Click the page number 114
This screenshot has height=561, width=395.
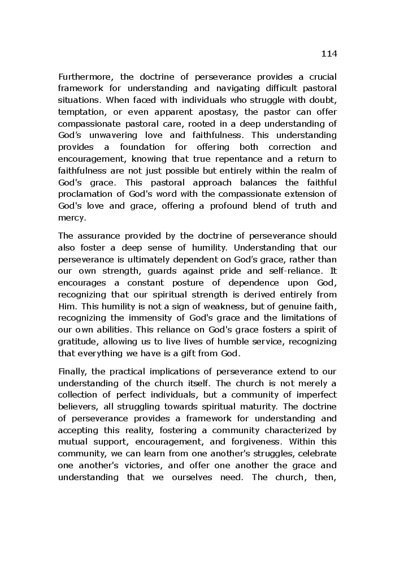point(328,54)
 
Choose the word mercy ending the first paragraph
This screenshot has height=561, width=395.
point(71,218)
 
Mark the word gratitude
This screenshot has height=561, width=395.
point(78,342)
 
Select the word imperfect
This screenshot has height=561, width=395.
point(314,395)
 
